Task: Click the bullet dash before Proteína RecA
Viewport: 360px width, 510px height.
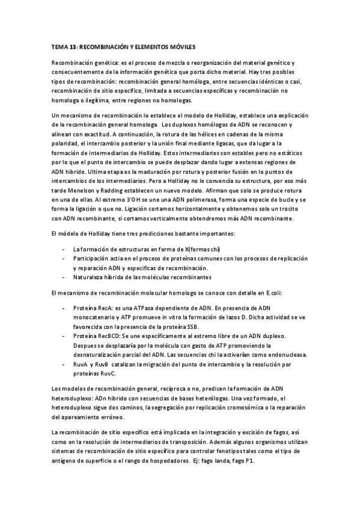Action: pos(64,308)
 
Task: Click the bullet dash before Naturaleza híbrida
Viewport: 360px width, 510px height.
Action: pos(64,277)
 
